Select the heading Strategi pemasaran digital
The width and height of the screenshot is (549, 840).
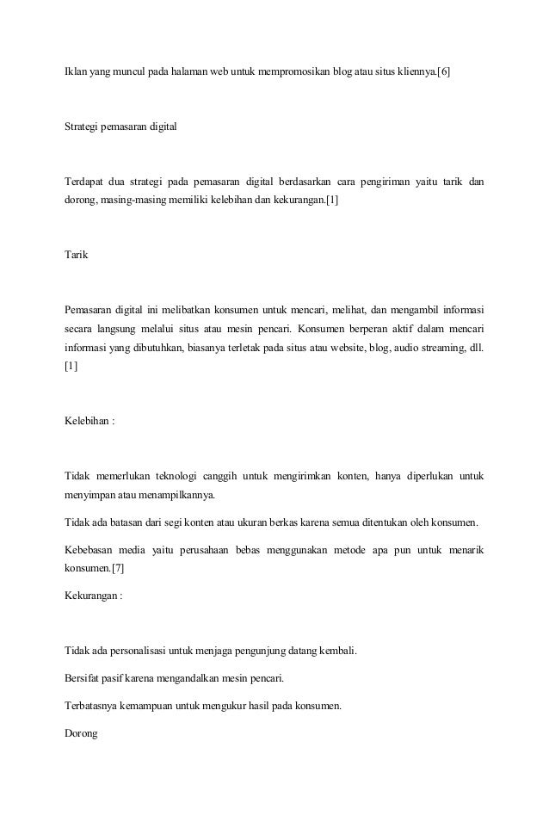click(x=120, y=127)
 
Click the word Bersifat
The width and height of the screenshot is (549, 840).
click(x=83, y=677)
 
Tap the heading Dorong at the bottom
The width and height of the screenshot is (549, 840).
click(x=81, y=733)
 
